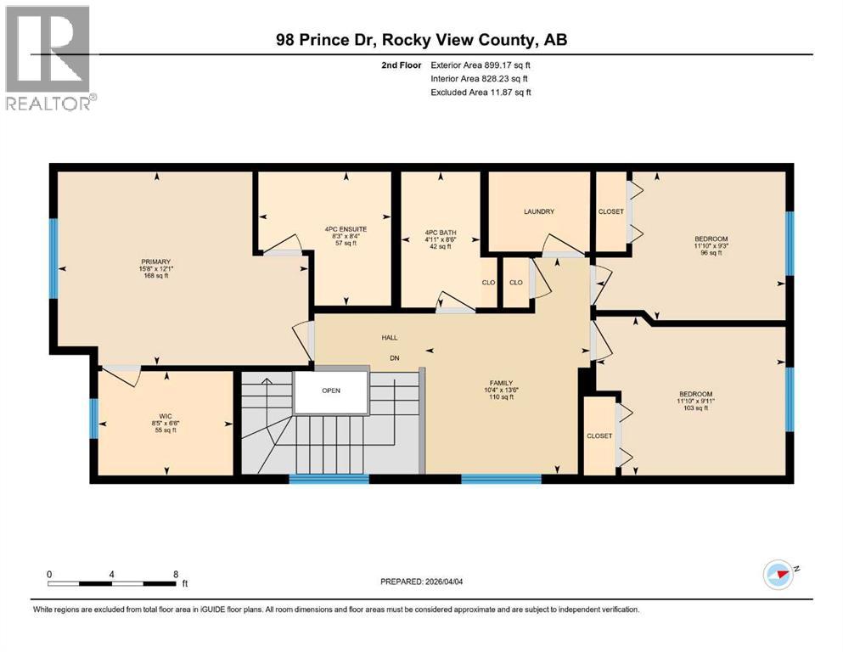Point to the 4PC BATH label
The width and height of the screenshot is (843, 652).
[441, 228]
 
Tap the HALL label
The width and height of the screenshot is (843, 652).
[390, 337]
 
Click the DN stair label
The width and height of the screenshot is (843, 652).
[395, 357]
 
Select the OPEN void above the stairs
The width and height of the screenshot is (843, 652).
[331, 391]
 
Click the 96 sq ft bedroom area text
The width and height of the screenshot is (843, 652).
[711, 253]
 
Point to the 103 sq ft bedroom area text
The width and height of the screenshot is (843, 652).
[694, 408]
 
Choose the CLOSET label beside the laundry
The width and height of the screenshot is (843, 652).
[610, 211]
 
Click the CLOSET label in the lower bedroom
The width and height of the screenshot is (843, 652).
[599, 436]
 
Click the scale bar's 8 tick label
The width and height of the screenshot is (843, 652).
[176, 574]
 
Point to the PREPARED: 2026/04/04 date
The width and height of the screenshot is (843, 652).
[424, 582]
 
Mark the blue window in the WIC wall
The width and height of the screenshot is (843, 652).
[94, 418]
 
